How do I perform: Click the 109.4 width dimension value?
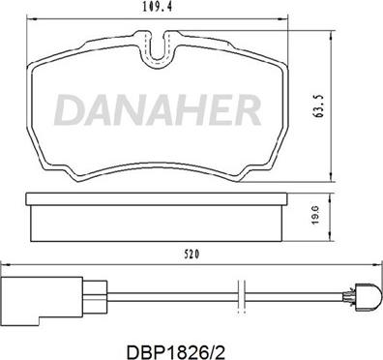[x=156, y=8]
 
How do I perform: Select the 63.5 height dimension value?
[x=320, y=106]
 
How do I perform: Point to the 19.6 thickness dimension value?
[x=316, y=215]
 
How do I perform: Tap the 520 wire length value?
[x=191, y=255]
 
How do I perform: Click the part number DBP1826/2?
[x=175, y=351]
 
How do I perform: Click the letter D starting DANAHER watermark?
[x=69, y=109]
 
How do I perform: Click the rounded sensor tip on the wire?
[x=368, y=297]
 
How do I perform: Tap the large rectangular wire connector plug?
[x=42, y=301]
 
